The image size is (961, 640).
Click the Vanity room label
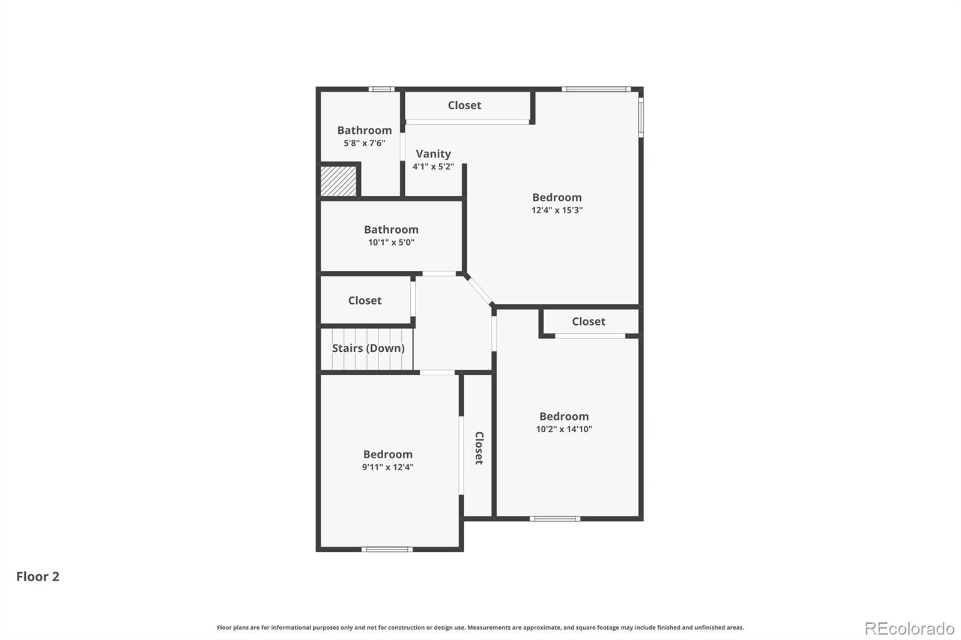(x=433, y=154)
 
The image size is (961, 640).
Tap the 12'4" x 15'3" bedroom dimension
(x=557, y=210)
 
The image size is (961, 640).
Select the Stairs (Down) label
(x=368, y=348)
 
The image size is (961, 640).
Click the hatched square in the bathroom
(x=339, y=181)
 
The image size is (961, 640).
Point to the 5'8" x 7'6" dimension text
(x=364, y=143)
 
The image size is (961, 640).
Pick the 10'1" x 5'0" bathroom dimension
(x=391, y=243)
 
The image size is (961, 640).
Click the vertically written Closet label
(x=479, y=448)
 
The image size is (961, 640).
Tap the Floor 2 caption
(x=38, y=576)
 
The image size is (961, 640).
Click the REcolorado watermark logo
(x=909, y=629)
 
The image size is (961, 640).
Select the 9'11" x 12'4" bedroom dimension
(x=387, y=467)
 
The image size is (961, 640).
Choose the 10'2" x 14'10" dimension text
(x=564, y=429)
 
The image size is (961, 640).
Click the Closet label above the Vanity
(x=464, y=105)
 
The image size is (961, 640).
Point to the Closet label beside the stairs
(x=365, y=300)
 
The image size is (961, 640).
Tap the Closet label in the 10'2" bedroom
(x=589, y=321)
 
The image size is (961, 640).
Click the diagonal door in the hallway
(x=479, y=290)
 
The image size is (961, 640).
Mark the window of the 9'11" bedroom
(x=387, y=549)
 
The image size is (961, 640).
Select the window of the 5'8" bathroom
(x=381, y=89)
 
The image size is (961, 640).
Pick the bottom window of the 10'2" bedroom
(x=555, y=518)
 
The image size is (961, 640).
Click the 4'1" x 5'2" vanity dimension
(x=433, y=167)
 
